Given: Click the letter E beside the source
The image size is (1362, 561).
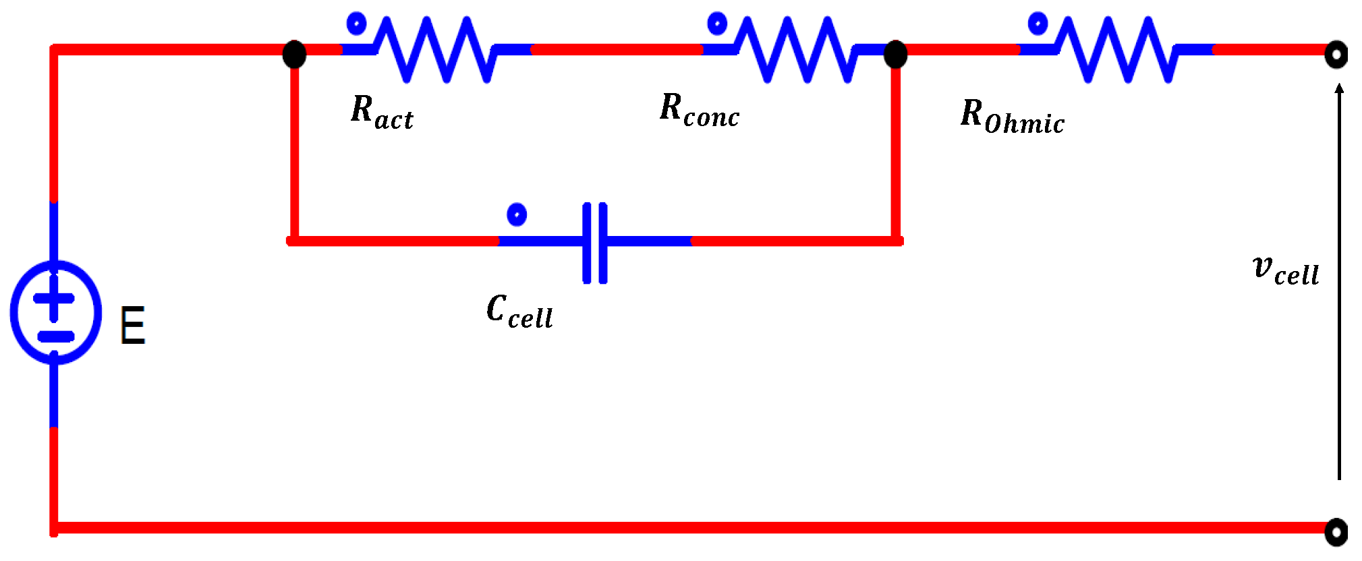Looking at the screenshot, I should (132, 326).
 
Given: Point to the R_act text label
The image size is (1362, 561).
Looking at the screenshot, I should (382, 112).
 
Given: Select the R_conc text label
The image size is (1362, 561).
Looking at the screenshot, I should (700, 110).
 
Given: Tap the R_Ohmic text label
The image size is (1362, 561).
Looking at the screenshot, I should (1012, 116).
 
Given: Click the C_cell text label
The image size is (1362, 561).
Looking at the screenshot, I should (519, 312).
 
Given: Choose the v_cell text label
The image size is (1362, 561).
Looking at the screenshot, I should (1285, 270).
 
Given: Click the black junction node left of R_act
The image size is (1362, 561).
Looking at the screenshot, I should (294, 54).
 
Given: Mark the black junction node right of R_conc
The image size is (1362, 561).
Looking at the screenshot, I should (895, 54).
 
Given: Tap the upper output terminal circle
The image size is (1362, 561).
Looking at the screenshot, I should (1336, 55).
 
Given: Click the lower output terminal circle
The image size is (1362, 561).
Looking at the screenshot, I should (1336, 532).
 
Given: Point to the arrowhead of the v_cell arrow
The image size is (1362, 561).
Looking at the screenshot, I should (1339, 88).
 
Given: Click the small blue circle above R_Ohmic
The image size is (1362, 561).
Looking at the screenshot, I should (1038, 24).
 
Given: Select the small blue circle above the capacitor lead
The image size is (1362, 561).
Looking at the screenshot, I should (517, 214).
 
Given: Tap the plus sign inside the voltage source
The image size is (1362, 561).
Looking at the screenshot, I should (54, 297).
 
